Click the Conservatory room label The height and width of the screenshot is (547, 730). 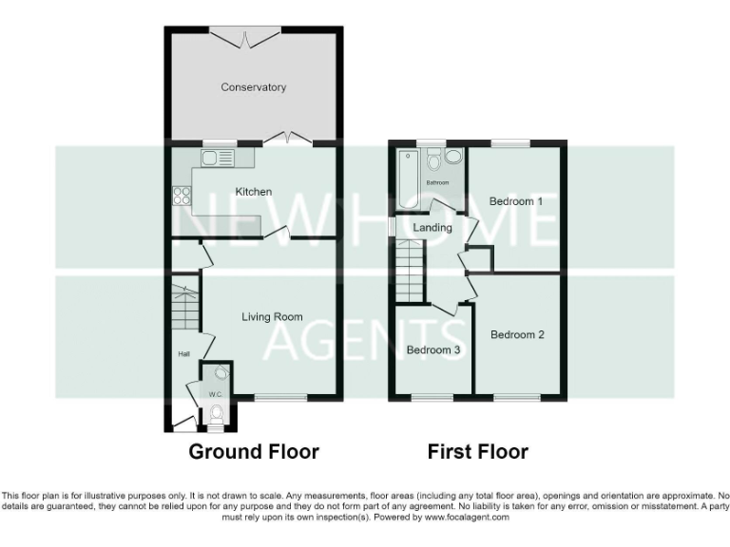point(253,87)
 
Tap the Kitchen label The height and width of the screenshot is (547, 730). point(254,192)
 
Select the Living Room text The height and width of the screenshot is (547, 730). point(272,317)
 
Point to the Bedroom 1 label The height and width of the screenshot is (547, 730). point(516,201)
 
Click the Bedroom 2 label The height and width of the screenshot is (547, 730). point(517,334)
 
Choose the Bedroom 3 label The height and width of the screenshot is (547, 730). point(433,350)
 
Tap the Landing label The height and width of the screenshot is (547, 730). point(432,227)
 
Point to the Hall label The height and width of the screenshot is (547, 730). point(183,354)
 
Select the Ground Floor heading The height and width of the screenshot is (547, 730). point(254,452)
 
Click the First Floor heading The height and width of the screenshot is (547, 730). point(477,452)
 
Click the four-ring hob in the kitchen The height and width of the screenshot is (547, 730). point(181,198)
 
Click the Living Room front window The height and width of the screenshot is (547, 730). point(280,396)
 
